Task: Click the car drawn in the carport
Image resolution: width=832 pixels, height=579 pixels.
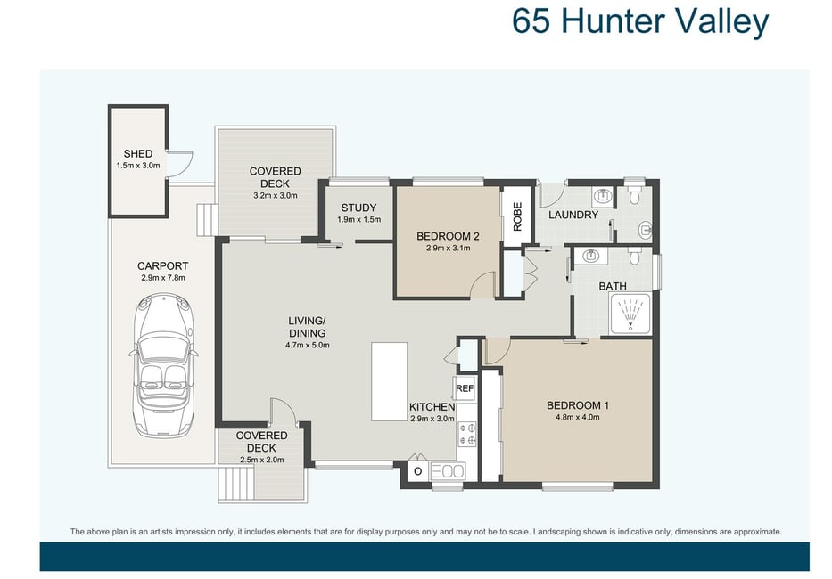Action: (163, 366)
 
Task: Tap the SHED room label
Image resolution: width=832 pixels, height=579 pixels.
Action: (138, 154)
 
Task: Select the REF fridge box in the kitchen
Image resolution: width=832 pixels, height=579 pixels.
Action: (465, 388)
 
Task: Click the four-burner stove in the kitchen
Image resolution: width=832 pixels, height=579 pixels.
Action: (467, 435)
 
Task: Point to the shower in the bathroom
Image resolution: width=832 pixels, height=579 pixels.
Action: (630, 314)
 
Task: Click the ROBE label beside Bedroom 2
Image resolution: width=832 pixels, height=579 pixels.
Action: (517, 216)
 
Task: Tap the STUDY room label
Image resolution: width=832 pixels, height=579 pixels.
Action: (358, 208)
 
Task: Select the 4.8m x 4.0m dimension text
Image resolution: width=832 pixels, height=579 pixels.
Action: (578, 417)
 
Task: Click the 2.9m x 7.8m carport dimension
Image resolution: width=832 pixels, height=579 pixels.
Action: (163, 278)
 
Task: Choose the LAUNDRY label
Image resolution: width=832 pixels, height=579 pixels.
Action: (573, 215)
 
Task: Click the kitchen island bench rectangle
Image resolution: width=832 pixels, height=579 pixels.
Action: (389, 381)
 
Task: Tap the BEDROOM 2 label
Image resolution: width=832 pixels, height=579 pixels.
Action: (448, 236)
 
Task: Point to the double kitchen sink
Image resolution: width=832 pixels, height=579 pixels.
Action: (448, 471)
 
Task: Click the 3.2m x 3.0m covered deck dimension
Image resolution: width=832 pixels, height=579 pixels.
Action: (275, 195)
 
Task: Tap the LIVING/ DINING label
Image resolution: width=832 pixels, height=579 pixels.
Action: (307, 327)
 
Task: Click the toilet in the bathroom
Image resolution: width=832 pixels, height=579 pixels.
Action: (634, 257)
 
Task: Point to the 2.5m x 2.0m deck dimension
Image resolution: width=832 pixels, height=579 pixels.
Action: (261, 461)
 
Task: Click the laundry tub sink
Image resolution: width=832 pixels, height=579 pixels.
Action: (602, 197)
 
